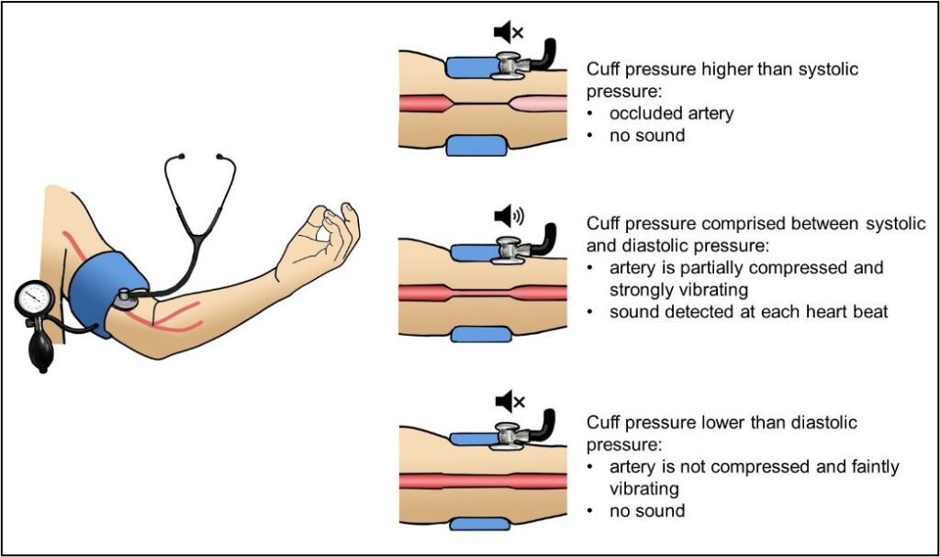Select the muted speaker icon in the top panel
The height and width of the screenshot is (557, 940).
pyautogui.click(x=508, y=34)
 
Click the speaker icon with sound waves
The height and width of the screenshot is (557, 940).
pyautogui.click(x=508, y=217)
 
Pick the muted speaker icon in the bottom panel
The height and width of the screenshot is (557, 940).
pyautogui.click(x=508, y=401)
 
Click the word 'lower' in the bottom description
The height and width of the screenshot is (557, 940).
pyautogui.click(x=722, y=423)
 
